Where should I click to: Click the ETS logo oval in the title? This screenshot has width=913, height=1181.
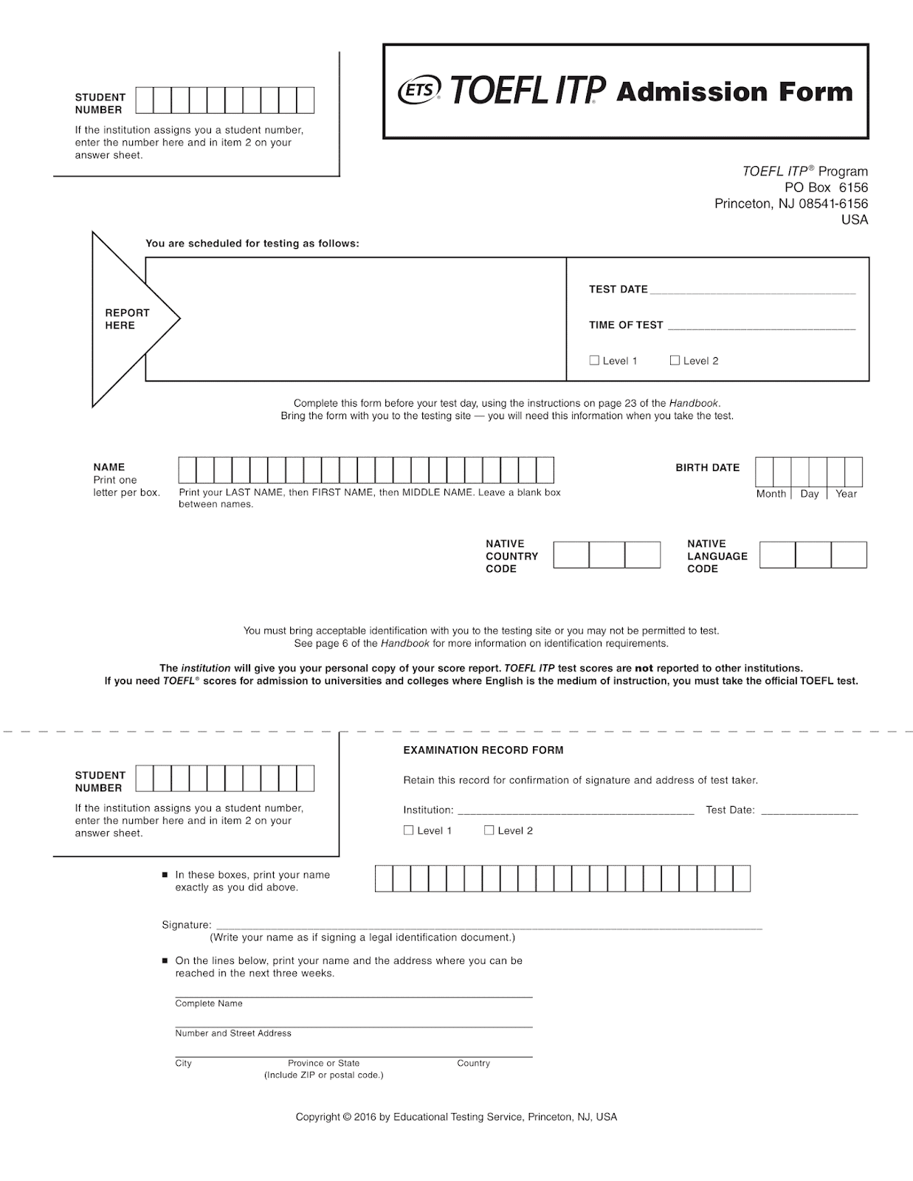point(418,90)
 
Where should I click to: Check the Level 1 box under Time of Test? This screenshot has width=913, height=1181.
point(594,360)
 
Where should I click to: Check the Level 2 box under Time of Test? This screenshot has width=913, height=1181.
point(675,360)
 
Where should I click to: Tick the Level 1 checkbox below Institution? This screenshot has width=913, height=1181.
point(409,830)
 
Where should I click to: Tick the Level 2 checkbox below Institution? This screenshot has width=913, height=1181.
point(489,830)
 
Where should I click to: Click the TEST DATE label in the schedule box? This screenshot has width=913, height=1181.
point(618,289)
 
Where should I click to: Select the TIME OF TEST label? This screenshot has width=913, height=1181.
point(626,325)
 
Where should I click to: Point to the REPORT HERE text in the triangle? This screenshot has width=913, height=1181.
point(127,319)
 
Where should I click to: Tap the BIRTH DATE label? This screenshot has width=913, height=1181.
point(707,467)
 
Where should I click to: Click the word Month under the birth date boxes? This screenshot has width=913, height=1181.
point(771,494)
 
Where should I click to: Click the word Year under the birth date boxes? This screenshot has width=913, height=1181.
point(846,494)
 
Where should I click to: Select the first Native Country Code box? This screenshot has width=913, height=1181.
point(571,555)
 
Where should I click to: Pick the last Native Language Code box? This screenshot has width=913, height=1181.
point(849,555)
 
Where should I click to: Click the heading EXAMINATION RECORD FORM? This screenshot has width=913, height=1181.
point(483,750)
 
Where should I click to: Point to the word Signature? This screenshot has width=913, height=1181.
point(186,925)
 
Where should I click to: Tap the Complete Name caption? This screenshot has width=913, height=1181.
point(209,1004)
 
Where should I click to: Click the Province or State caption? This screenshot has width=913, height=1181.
point(323,1064)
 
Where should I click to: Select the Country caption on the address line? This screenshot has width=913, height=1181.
point(473,1064)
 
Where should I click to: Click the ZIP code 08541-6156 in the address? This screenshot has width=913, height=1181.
point(833,204)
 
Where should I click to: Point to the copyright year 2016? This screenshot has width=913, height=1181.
point(365,1118)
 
